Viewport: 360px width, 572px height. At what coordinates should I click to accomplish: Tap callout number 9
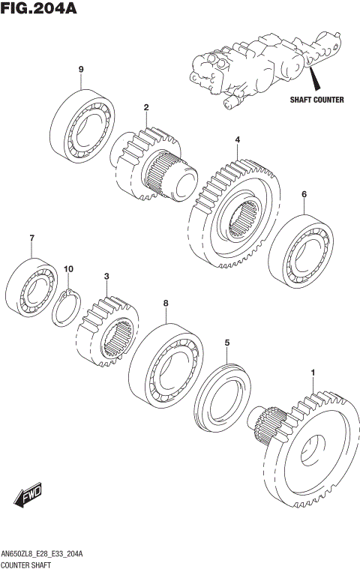pos(80,70)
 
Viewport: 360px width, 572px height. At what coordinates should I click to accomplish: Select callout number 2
pos(146,107)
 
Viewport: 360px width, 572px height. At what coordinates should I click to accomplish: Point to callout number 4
pos(237,140)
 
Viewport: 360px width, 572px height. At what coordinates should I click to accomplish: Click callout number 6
pos(304,195)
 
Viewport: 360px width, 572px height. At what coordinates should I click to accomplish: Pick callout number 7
pos(32,239)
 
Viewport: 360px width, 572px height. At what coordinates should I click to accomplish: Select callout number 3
pos(107,277)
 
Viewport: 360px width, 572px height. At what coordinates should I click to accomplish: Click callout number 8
pos(165,304)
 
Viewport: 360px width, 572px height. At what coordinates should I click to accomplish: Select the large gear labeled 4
pos(235,211)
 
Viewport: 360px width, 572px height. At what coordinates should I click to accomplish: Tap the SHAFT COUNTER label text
pos(317,100)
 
